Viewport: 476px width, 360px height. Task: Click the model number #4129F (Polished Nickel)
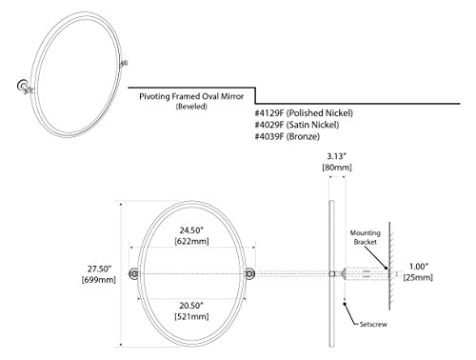point(304,113)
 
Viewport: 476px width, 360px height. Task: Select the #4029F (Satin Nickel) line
point(297,125)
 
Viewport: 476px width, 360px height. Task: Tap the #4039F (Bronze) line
point(288,136)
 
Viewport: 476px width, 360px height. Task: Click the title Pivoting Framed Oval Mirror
point(191,96)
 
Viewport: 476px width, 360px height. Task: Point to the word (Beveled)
point(191,107)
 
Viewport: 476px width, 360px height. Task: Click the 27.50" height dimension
point(99,269)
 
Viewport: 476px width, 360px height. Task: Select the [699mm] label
point(99,280)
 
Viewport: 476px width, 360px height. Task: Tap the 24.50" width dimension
point(191,230)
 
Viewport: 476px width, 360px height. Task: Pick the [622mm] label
point(191,241)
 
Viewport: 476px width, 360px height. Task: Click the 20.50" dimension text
point(191,306)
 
